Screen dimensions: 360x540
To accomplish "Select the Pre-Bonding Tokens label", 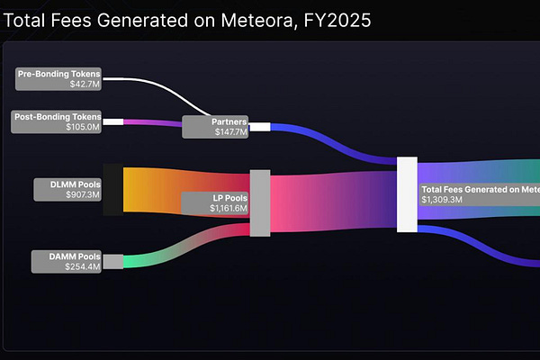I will click(59, 74).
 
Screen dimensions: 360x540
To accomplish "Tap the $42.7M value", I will click(85, 84).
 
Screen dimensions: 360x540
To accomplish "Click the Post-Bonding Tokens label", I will click(58, 116).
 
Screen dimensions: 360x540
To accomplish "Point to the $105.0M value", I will click(84, 127).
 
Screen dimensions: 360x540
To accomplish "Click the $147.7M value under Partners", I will click(230, 131).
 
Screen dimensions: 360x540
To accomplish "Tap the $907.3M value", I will click(83, 193).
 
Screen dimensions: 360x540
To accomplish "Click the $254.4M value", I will click(83, 266).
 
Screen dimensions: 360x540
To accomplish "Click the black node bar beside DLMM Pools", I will click(112, 189).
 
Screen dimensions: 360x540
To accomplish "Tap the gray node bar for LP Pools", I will click(259, 202).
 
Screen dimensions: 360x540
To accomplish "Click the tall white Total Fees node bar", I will click(407, 193).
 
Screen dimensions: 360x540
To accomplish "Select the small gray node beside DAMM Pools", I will click(113, 261).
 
